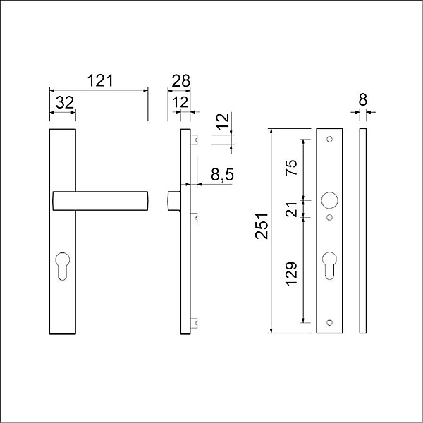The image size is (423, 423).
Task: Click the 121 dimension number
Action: (100, 80)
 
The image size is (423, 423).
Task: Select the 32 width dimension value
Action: (65, 103)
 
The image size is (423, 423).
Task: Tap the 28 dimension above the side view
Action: (180, 80)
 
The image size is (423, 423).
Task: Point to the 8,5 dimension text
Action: (222, 175)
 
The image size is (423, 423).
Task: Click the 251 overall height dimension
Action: (262, 226)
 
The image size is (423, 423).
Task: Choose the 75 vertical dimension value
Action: (291, 168)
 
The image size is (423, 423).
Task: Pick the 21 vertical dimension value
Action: (291, 209)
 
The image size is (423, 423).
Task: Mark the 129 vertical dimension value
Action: (291, 274)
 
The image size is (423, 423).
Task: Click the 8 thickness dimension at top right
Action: (363, 99)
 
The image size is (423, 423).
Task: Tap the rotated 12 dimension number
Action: (223, 122)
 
